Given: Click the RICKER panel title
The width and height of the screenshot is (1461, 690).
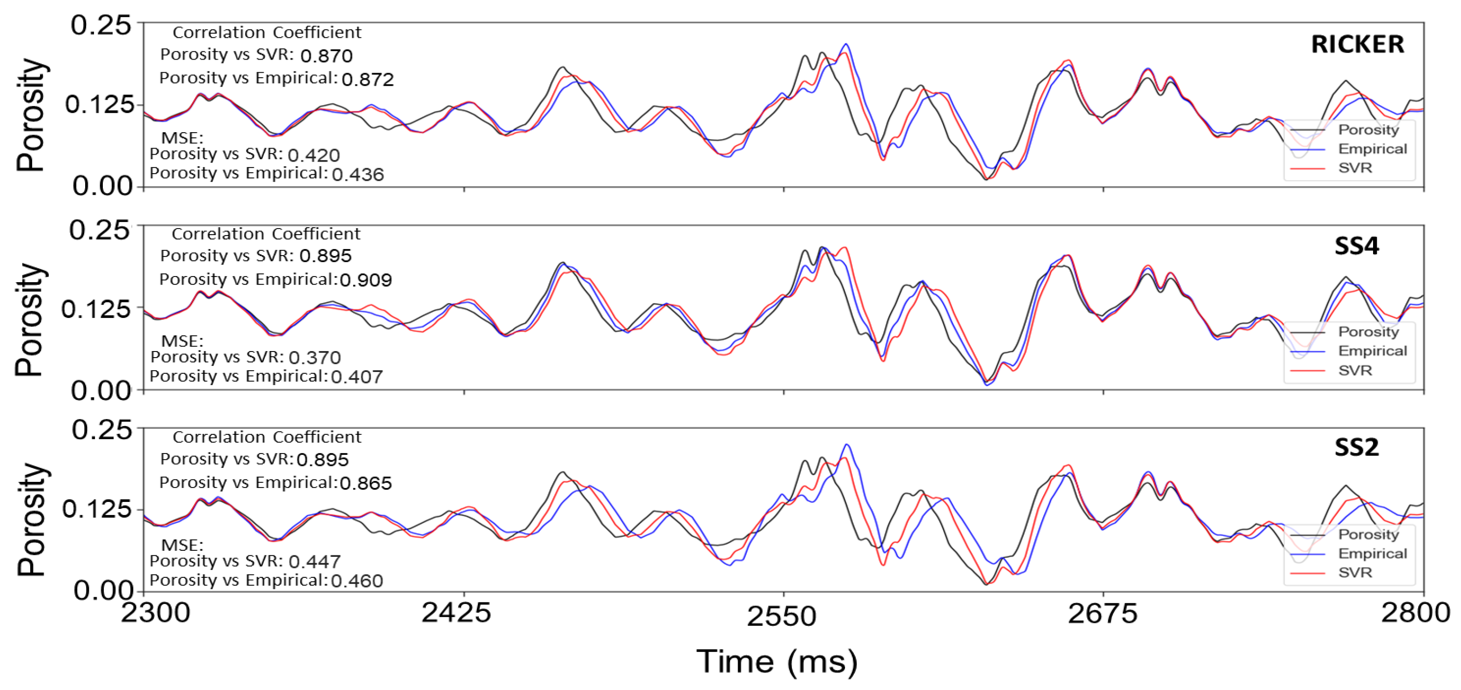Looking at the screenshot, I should pos(1357,44).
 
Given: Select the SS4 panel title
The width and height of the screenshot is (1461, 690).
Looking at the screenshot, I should pos(1356,246).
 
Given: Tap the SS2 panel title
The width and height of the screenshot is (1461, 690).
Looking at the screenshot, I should pos(1356,448).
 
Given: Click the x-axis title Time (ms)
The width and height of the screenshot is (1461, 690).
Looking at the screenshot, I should pos(777,662).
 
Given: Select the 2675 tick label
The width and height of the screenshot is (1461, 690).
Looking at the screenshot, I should pos(1102,614).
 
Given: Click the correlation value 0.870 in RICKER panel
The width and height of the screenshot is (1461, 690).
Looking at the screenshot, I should pos(326,56).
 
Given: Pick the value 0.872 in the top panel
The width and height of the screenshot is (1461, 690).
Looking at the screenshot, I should pos(368,80).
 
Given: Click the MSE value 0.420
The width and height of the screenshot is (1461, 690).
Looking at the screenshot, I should pos(314,156).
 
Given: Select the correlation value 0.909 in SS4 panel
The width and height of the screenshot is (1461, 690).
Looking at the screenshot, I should pos(366,280).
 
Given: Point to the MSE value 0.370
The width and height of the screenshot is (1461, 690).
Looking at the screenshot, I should pos(315,358).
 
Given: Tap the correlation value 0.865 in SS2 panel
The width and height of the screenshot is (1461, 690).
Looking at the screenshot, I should pos(366,483).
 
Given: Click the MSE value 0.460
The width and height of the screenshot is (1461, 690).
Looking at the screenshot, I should pos(357,581).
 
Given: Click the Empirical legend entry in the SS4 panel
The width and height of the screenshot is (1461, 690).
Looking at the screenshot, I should pos(1372,351).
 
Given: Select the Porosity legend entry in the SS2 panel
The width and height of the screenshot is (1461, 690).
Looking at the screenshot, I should pos(1368,534).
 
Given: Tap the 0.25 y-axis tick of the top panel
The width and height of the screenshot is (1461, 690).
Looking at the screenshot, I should pos(101,26).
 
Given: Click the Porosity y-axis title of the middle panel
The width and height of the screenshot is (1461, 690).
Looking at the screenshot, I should pos(29,319).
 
